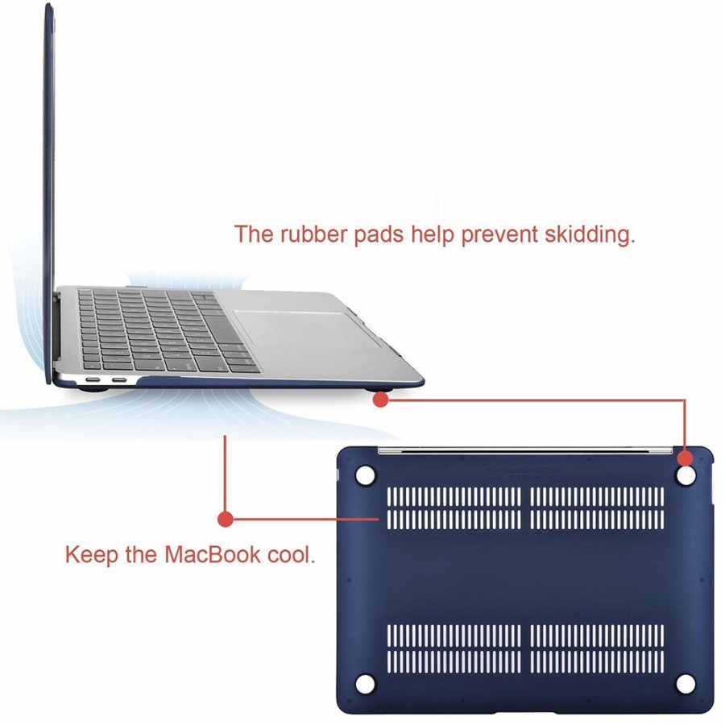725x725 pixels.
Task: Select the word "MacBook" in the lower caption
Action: click(x=213, y=554)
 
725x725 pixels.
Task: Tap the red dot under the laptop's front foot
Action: click(x=380, y=400)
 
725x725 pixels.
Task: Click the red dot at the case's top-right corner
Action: click(x=686, y=458)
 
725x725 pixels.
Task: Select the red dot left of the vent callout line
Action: click(x=226, y=519)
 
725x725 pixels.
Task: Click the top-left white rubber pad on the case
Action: click(x=365, y=474)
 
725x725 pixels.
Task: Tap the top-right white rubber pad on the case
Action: click(x=686, y=476)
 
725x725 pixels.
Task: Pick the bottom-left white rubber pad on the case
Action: click(x=365, y=684)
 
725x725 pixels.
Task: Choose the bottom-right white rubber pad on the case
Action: click(x=685, y=684)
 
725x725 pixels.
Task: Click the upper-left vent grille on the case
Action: click(x=454, y=507)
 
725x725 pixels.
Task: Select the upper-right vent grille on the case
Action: click(x=597, y=507)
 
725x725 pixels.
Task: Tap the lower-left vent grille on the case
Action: click(x=454, y=648)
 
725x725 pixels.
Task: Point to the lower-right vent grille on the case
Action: click(x=597, y=648)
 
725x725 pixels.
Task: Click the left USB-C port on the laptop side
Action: click(x=93, y=380)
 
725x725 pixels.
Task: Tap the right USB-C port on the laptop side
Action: click(x=119, y=380)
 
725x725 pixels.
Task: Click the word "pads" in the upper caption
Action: click(x=379, y=236)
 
